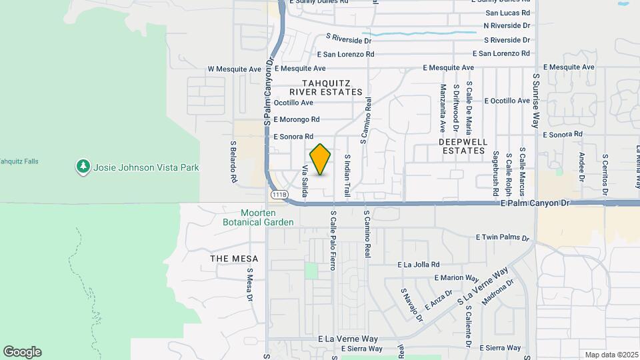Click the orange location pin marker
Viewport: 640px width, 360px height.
(321, 159)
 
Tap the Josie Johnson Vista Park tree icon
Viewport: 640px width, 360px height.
(83, 167)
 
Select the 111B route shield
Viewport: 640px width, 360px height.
(279, 195)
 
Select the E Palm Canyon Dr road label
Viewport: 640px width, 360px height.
(537, 203)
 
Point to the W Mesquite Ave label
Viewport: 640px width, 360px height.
(234, 69)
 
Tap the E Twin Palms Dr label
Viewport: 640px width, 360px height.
(503, 237)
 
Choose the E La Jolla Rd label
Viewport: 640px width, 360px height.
(419, 265)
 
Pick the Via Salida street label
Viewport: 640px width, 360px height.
(305, 181)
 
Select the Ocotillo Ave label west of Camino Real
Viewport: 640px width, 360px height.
(293, 103)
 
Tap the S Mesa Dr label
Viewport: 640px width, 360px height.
(250, 285)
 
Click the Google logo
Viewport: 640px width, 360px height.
(22, 352)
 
